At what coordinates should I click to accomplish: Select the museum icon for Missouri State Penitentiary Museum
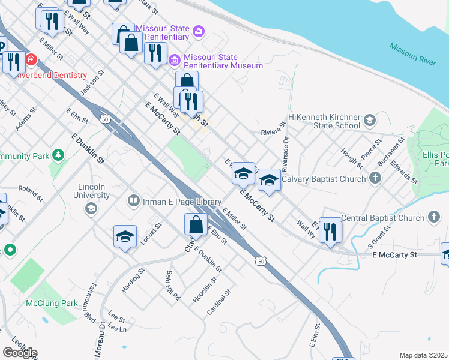pos(175,60)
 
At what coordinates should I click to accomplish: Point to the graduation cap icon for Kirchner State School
pos(369,121)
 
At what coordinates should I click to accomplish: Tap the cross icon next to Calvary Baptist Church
pos(375,178)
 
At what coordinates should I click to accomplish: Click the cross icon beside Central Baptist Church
pos(434,218)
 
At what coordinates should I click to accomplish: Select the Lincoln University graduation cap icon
pos(91,208)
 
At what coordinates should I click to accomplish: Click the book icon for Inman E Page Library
pos(134,202)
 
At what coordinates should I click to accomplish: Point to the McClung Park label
pos(52,303)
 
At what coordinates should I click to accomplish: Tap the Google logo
pos(20,352)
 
